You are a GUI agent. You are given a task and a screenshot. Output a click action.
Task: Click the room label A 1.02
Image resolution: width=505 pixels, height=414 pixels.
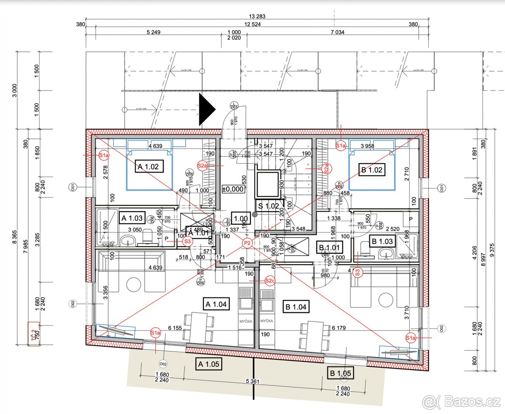coord(148,167)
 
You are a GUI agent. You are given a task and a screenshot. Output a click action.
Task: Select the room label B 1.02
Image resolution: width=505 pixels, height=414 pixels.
coord(372,170)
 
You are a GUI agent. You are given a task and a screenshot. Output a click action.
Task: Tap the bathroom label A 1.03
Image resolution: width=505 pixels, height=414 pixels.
coord(132,218)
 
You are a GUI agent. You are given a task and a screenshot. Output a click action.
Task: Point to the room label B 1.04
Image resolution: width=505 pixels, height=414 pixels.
coord(296,307)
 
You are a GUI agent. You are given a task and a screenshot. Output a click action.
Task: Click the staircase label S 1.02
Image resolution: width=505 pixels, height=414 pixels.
coord(268,206)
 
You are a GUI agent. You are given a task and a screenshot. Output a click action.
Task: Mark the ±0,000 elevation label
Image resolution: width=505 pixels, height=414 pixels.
coord(234,189)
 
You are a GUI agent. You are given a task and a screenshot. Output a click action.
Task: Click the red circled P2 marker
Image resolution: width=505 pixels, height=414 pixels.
coord(247,242)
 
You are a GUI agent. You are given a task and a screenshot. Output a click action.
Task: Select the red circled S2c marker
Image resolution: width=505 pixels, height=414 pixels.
coord(270,281)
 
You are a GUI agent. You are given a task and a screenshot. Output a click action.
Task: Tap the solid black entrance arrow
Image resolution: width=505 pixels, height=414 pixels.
coord(206,109)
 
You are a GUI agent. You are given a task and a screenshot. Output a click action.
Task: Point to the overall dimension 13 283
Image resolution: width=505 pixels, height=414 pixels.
coord(257,16)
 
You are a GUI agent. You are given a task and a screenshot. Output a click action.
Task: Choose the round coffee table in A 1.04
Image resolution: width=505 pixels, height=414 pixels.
coord(134,285)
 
